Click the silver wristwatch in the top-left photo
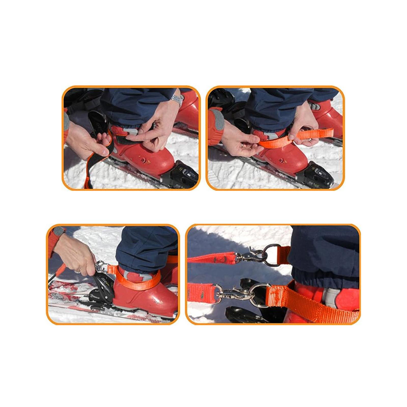tap(178, 99)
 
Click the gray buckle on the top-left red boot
tap(131, 132)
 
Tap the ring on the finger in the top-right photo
tap(243, 145)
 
